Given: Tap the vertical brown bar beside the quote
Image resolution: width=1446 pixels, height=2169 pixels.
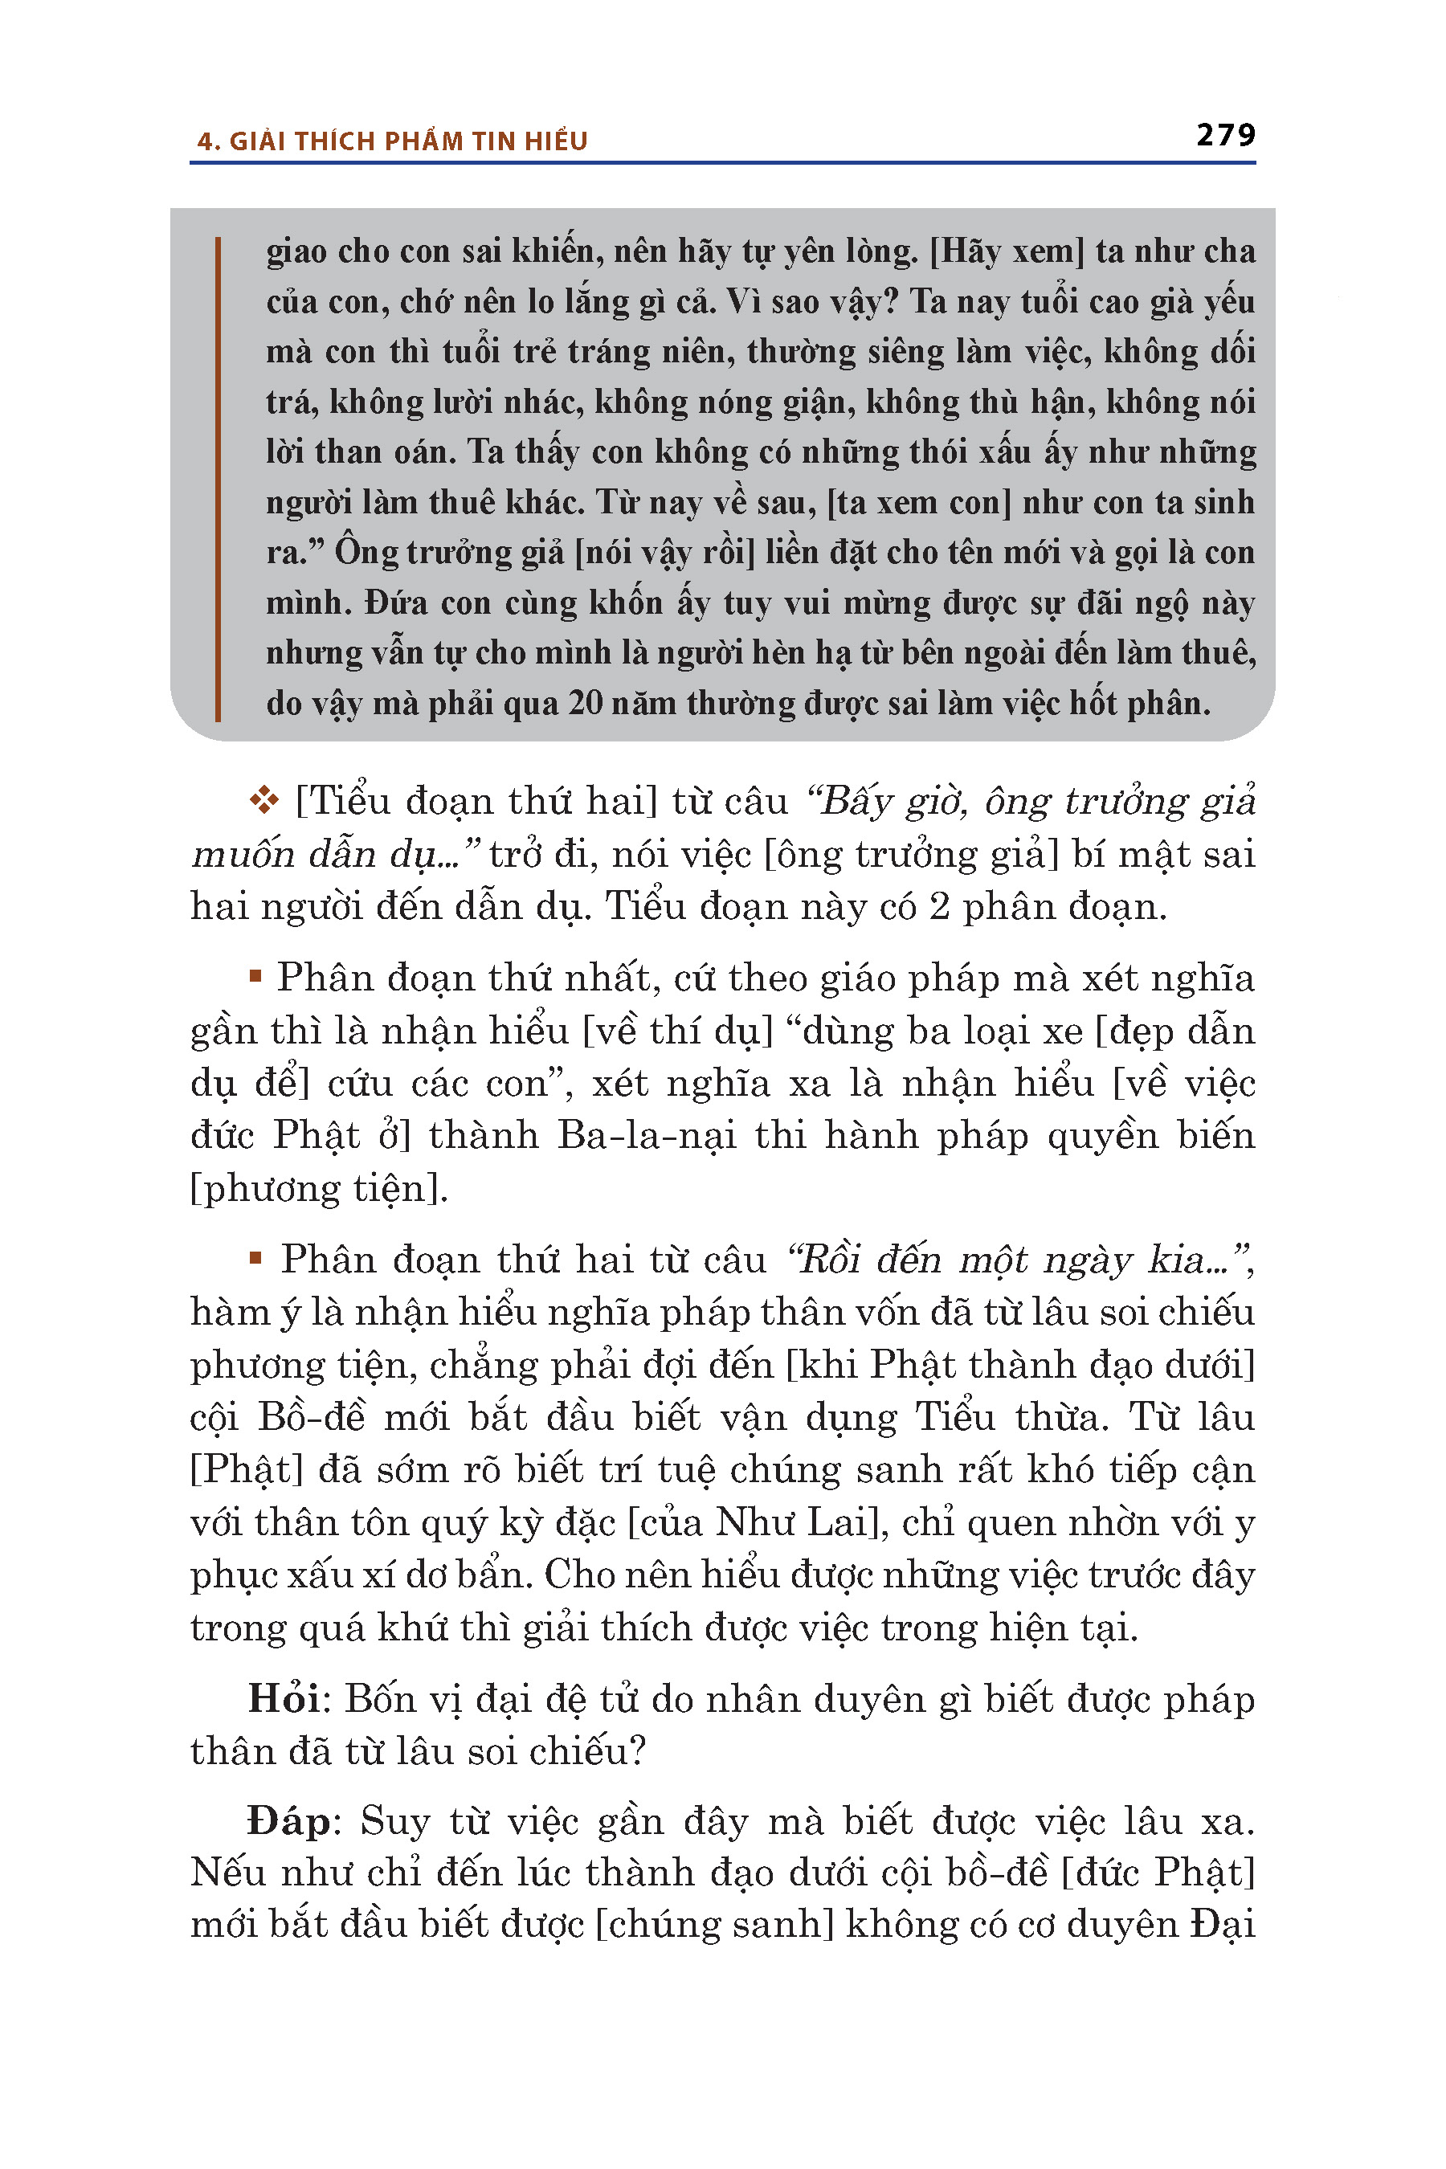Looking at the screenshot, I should point(218,479).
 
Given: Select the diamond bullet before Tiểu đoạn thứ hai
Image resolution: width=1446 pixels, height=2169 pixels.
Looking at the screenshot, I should point(263,800).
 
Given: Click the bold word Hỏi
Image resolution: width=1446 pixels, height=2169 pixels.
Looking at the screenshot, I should point(284,1699).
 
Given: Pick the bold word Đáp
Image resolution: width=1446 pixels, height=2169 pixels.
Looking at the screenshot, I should point(288,1821).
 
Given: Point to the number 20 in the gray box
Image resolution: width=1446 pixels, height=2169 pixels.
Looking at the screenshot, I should point(586,703).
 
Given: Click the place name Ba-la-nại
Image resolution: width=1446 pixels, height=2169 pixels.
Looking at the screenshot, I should point(647,1135).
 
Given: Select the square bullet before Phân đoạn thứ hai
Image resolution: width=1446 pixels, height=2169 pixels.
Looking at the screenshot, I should point(255,1257).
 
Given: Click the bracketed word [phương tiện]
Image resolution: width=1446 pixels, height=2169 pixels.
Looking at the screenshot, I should point(319,1188).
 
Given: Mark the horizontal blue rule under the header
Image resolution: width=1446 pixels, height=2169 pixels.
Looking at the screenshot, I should point(722,163).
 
